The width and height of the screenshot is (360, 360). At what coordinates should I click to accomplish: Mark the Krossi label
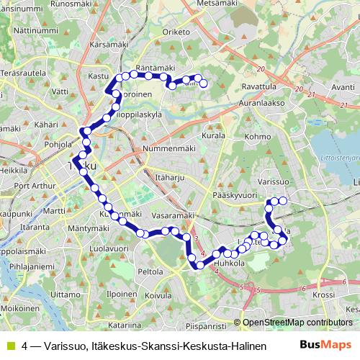(x=324, y=294)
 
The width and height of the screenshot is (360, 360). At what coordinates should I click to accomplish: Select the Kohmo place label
(x=258, y=135)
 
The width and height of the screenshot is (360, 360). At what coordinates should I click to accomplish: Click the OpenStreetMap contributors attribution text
(x=297, y=323)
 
